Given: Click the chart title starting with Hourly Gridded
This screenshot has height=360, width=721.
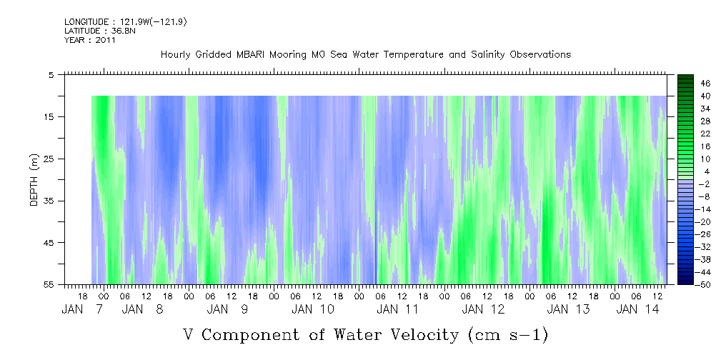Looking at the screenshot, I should click(366, 54).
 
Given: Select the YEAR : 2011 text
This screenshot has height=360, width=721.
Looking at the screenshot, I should click(90, 40).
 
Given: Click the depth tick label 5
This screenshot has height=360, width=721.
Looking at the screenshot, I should click(51, 74).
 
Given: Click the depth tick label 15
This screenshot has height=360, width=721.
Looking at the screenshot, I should click(49, 116).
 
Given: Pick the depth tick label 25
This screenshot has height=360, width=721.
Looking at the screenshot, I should click(49, 159).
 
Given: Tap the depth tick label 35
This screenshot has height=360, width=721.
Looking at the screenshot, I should click(49, 201).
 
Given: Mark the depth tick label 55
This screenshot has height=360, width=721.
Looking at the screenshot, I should click(49, 284).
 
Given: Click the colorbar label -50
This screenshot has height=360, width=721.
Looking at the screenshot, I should click(685, 284).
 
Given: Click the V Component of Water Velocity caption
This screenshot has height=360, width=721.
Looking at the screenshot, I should click(365, 334).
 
